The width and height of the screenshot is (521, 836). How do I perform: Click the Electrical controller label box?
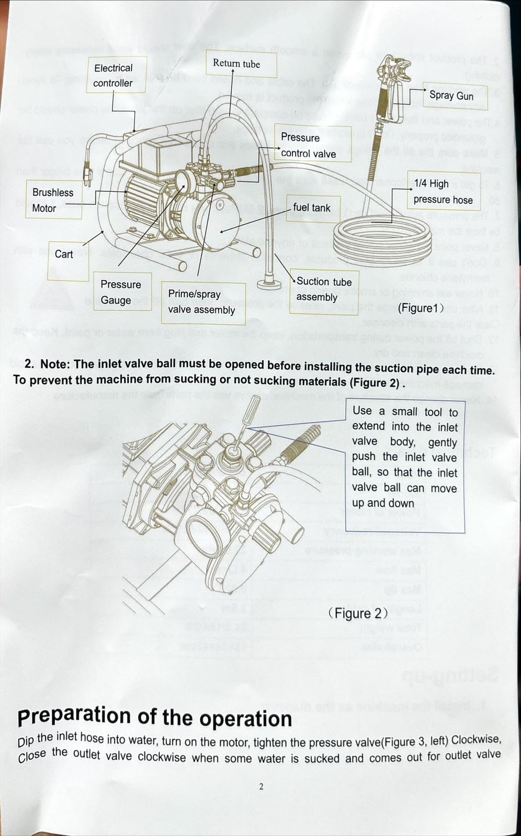[116, 75]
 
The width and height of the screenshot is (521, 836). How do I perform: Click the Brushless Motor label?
[53, 200]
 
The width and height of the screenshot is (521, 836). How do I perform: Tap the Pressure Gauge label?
[122, 292]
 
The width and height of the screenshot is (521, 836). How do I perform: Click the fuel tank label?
[312, 208]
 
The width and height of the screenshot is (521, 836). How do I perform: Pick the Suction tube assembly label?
[323, 290]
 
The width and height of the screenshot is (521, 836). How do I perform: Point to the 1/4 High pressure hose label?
[443, 191]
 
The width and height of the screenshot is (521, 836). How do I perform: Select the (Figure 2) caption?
[358, 613]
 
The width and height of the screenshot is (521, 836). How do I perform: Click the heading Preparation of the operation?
[155, 717]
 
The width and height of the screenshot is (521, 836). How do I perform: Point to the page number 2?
[261, 787]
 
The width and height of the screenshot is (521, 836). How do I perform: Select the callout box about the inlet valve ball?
[405, 465]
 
